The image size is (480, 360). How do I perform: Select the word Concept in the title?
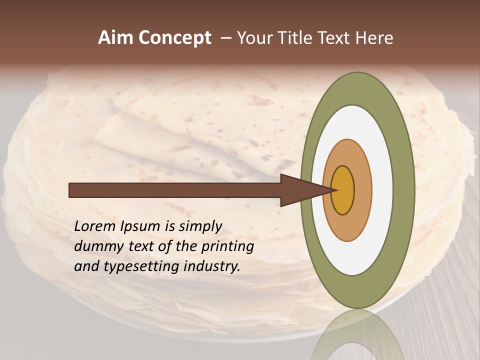click(174, 38)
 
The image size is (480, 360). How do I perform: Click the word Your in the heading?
click(254, 38)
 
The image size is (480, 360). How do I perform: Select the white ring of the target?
click(382, 190)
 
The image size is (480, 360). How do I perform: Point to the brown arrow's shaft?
click(175, 190)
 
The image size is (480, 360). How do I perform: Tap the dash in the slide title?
click(226, 38)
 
